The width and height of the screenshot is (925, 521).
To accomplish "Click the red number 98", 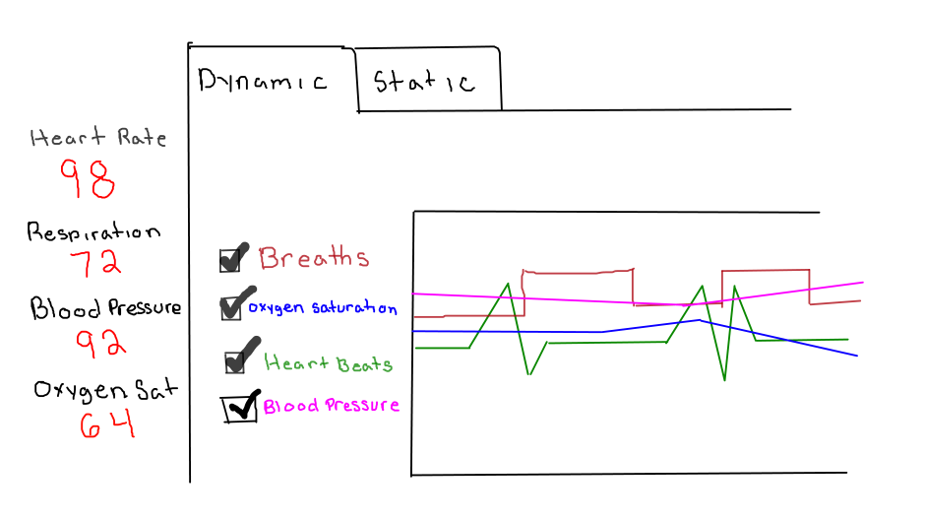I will coord(89,179).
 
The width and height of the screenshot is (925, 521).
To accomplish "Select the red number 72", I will coord(95,263).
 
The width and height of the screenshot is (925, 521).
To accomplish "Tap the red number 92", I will coord(101,344).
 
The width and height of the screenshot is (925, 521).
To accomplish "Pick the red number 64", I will coord(106,424).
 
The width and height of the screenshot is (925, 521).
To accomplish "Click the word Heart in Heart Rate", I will coord(69,138).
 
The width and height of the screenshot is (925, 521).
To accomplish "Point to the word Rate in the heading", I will coord(142,138).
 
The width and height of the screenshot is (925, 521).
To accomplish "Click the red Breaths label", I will coord(313,258).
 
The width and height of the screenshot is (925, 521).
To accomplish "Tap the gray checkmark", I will coord(237,302).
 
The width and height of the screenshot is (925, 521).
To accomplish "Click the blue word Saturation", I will coord(354,308).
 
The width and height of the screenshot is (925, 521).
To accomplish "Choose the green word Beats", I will coord(364,364).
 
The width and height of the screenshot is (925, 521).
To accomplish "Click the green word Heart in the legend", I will coord(296,363).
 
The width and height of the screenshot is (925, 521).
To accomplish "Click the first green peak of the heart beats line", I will coord(508,284).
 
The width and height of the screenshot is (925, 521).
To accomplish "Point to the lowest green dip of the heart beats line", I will coord(725,380).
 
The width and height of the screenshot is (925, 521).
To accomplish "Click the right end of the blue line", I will coord(856,356).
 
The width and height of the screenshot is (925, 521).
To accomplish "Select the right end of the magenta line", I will coord(862,283).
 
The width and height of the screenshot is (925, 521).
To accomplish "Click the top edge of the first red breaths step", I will coord(577,270).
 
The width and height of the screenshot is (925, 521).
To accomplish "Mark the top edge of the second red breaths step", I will coord(765,270).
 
